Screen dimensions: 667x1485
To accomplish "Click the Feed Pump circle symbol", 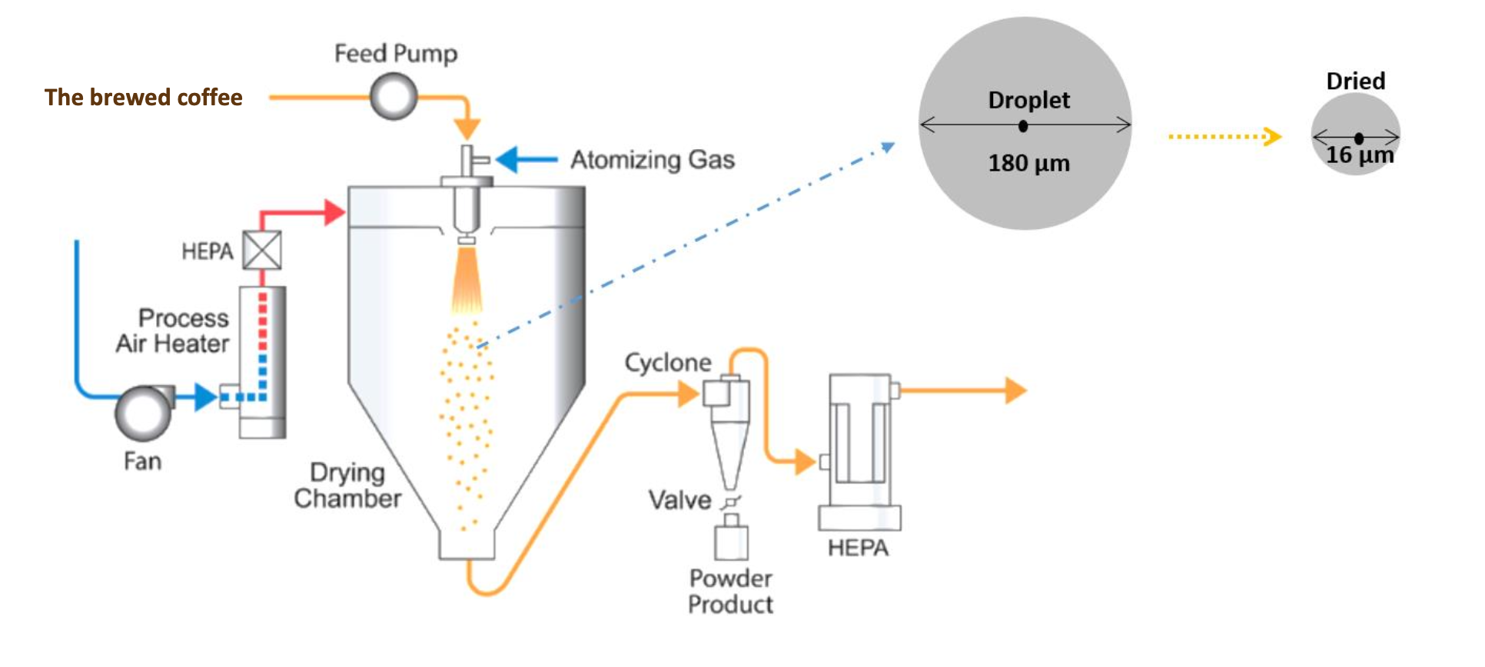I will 394,97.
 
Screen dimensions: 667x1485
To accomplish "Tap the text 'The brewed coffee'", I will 144,98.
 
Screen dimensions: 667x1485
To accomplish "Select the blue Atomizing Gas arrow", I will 527,160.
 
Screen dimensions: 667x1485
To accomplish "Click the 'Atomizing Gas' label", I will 652,160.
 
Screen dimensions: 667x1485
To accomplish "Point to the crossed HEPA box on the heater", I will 262,251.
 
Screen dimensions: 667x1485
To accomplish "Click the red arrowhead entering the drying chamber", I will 334,212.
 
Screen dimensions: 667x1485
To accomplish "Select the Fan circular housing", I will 143,412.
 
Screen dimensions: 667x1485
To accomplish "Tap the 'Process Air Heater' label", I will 174,330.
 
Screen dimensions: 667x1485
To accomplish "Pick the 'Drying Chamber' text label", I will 347,486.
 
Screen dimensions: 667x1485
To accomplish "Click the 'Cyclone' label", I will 667,363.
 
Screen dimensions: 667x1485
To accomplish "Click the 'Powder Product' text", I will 730,591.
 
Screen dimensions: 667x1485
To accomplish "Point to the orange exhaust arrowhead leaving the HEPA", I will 1015,390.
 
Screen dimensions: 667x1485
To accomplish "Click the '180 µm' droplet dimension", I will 1028,163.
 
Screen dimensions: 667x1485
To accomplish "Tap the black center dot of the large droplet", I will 1023,126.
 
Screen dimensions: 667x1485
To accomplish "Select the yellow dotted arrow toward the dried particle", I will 1224,137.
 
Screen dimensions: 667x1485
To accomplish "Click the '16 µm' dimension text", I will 1359,155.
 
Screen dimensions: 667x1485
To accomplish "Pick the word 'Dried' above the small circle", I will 1355,81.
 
